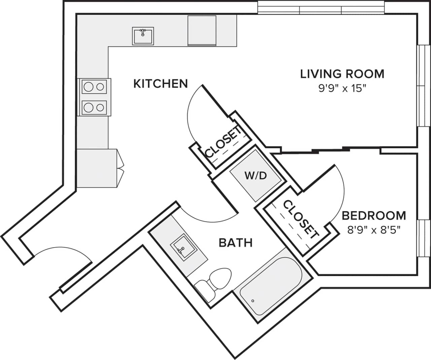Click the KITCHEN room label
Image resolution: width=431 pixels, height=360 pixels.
click(x=161, y=84)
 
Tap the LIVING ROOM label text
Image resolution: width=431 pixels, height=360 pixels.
click(x=342, y=74)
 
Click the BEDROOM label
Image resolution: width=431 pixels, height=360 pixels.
click(x=374, y=215)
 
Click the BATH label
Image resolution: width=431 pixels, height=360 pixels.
click(x=236, y=242)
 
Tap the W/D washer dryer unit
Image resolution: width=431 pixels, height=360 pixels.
click(x=255, y=176)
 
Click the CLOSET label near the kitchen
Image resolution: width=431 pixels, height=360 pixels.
click(x=223, y=142)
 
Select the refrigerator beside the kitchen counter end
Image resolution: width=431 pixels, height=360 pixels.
click(x=98, y=168)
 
